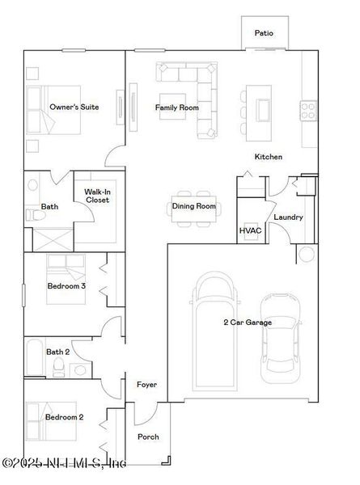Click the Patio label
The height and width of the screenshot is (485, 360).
[264, 33]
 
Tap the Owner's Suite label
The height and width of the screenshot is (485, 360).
[74, 107]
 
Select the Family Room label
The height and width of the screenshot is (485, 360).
[177, 108]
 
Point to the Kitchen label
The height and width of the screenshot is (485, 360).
[269, 157]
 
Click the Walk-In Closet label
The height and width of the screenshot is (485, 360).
[97, 196]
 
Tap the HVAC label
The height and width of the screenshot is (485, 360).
[248, 231]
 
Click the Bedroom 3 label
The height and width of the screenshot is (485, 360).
[66, 286]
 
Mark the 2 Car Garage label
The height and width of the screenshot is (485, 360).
[248, 323]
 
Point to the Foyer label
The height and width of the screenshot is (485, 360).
[146, 384]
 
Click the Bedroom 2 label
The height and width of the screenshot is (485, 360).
[65, 417]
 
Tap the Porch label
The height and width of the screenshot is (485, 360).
[148, 437]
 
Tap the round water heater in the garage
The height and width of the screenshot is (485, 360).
[307, 255]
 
